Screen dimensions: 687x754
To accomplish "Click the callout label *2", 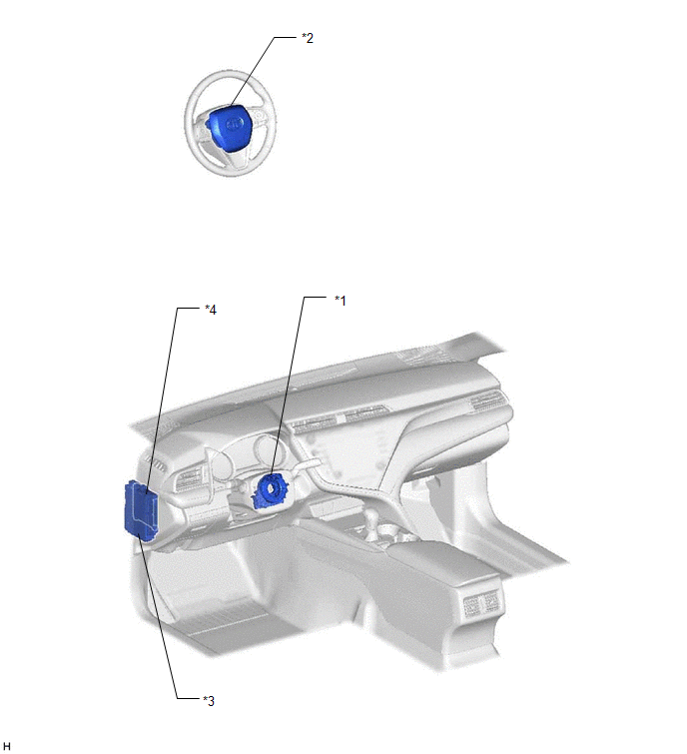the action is click(308, 38).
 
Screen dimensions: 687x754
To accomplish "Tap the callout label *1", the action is click(340, 301).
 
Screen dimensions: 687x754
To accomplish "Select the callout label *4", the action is click(211, 310).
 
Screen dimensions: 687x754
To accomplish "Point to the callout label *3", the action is click(209, 701).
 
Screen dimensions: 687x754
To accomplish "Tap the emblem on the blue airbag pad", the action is click(234, 124).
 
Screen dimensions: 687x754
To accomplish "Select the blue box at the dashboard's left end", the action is click(141, 512).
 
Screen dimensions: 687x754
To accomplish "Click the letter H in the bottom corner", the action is click(6, 745).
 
